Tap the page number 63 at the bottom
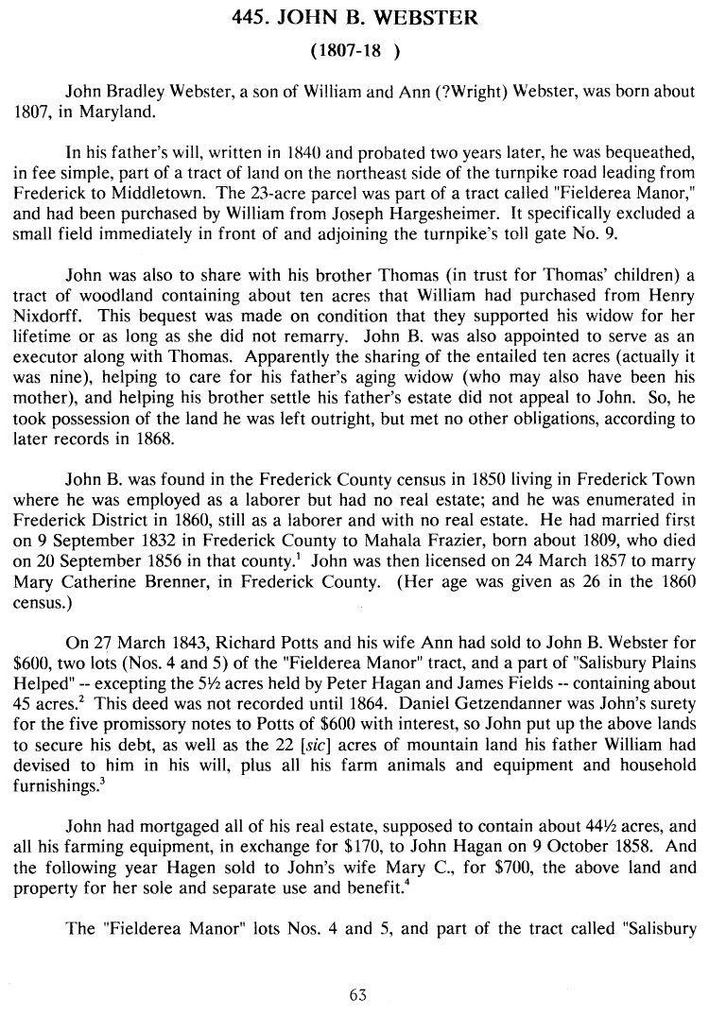click(356, 994)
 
